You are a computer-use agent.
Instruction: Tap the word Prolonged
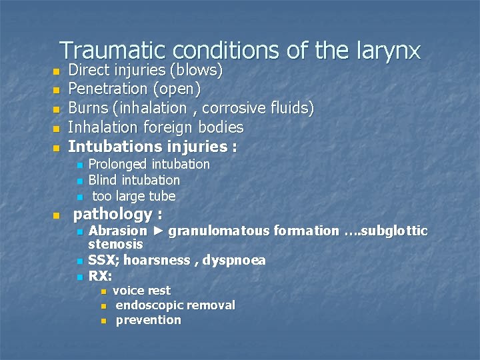[x=117, y=164]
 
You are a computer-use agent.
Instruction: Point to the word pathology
[x=113, y=215]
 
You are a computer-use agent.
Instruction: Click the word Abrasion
[x=117, y=231]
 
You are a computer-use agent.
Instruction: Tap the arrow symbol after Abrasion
[x=158, y=231]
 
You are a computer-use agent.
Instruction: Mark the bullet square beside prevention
[x=103, y=321]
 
